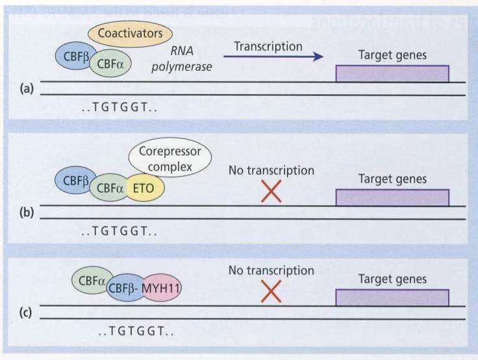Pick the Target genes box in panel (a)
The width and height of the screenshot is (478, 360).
tap(392, 73)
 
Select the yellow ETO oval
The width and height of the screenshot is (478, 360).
tap(145, 187)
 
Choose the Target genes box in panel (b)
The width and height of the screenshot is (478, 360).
tap(392, 197)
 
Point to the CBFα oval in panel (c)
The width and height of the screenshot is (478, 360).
tap(91, 281)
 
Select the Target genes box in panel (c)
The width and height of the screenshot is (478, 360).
tap(392, 298)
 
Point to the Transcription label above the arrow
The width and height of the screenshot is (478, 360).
tap(268, 46)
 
